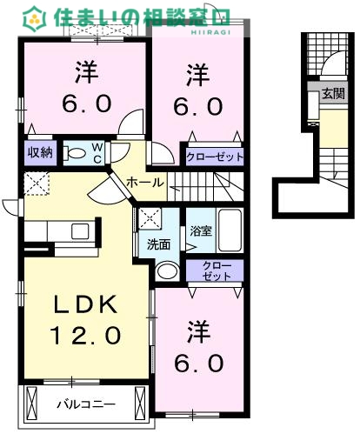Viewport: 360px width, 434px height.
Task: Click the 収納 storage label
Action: click(40, 152)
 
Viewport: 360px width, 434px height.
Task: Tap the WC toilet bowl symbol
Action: click(77, 153)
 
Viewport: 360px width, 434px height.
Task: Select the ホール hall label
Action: click(145, 183)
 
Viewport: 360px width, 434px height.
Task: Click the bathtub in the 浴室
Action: click(230, 230)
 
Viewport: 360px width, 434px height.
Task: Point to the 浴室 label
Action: click(201, 231)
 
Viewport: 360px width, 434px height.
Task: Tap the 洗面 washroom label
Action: click(158, 244)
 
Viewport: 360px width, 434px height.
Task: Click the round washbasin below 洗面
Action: click(167, 271)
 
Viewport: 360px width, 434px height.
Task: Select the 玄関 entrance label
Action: click(333, 94)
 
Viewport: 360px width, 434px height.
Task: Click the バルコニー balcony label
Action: click(86, 404)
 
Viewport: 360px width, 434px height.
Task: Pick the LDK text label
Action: click(86, 304)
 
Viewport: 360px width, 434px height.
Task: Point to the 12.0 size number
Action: click(85, 335)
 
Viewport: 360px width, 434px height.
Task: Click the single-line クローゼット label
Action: click(215, 157)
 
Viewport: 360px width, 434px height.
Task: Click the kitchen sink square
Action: click(80, 231)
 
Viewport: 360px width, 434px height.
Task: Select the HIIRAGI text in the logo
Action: click(210, 32)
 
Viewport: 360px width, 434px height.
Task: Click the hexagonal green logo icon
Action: click(35, 19)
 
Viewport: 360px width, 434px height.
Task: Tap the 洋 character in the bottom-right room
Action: click(198, 331)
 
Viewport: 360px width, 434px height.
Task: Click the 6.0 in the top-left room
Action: click(87, 103)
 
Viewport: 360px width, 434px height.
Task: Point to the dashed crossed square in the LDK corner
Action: click(37, 184)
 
